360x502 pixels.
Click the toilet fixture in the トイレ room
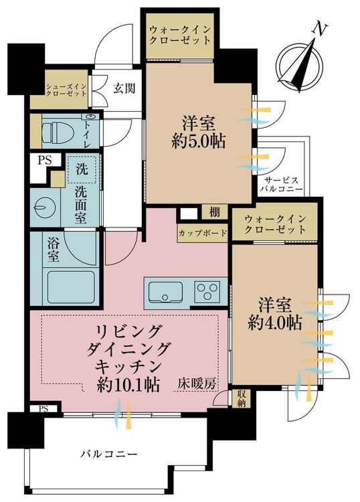tap(58, 131)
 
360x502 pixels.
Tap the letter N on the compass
tap(319, 29)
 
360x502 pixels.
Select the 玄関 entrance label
tap(124, 88)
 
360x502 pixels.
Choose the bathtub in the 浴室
tap(71, 288)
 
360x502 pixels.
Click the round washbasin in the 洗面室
tap(42, 207)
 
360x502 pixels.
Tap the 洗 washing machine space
tap(82, 169)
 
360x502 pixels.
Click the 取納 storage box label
tap(242, 399)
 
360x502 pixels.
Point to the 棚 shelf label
tap(214, 212)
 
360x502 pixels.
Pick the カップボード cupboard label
tap(203, 233)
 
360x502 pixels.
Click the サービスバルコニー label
tap(281, 184)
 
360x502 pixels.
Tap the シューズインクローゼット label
tap(66, 90)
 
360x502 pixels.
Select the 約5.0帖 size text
tap(198, 141)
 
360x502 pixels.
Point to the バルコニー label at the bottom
tap(109, 454)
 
